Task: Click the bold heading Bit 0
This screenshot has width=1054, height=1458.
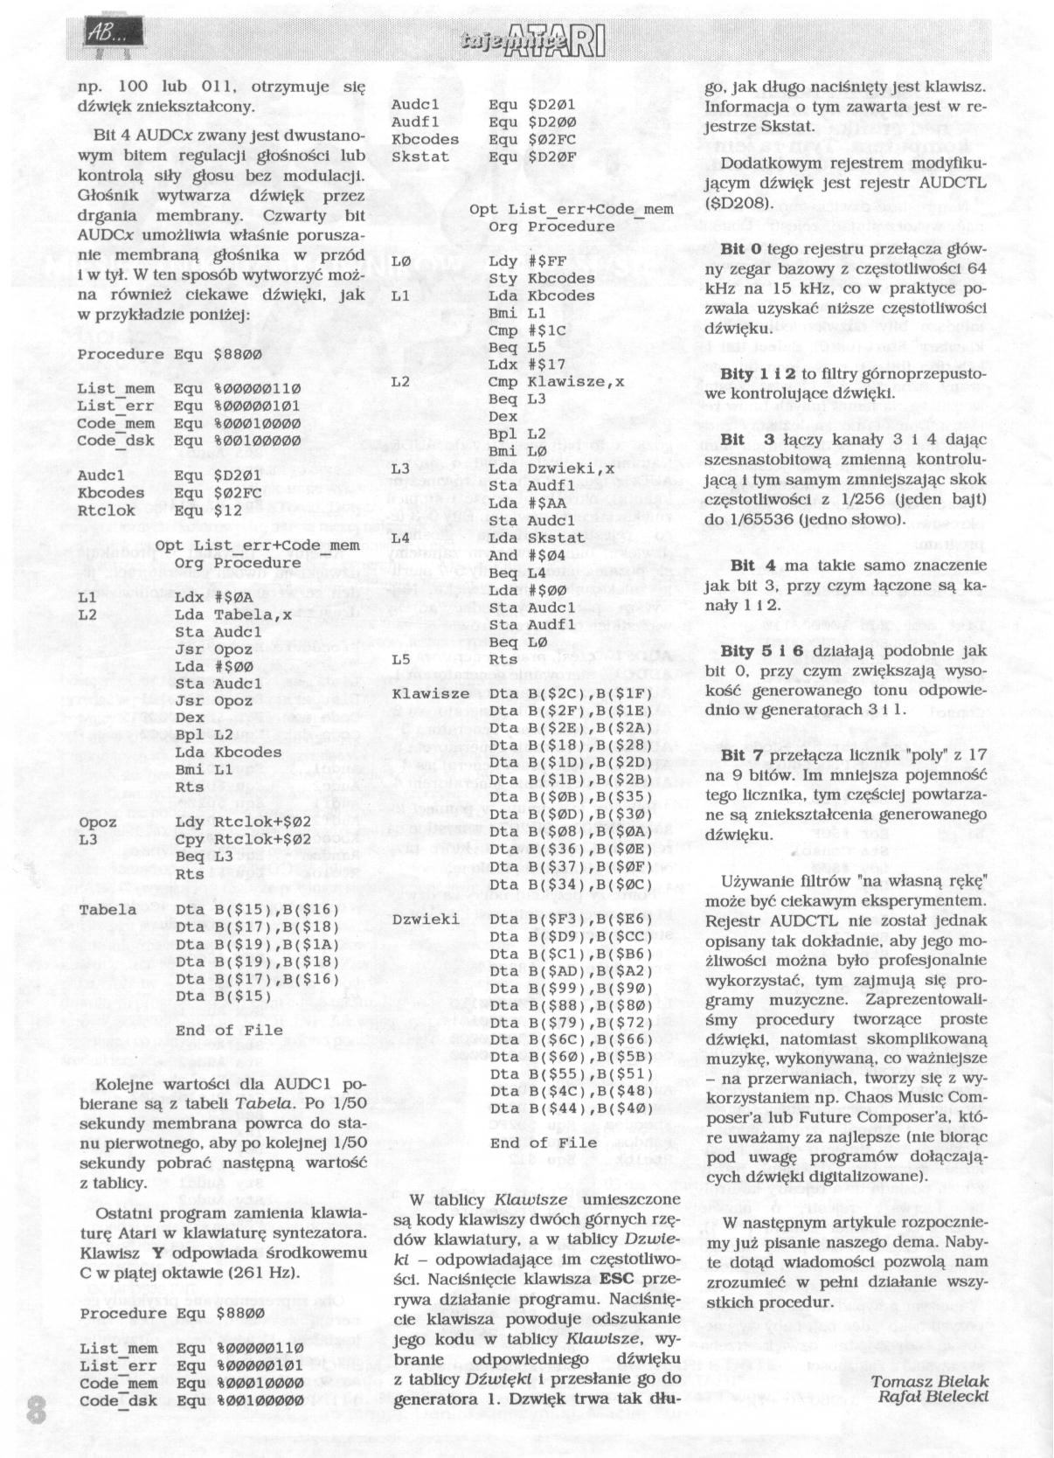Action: (742, 249)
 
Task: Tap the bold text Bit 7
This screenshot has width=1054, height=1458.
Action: (742, 754)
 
